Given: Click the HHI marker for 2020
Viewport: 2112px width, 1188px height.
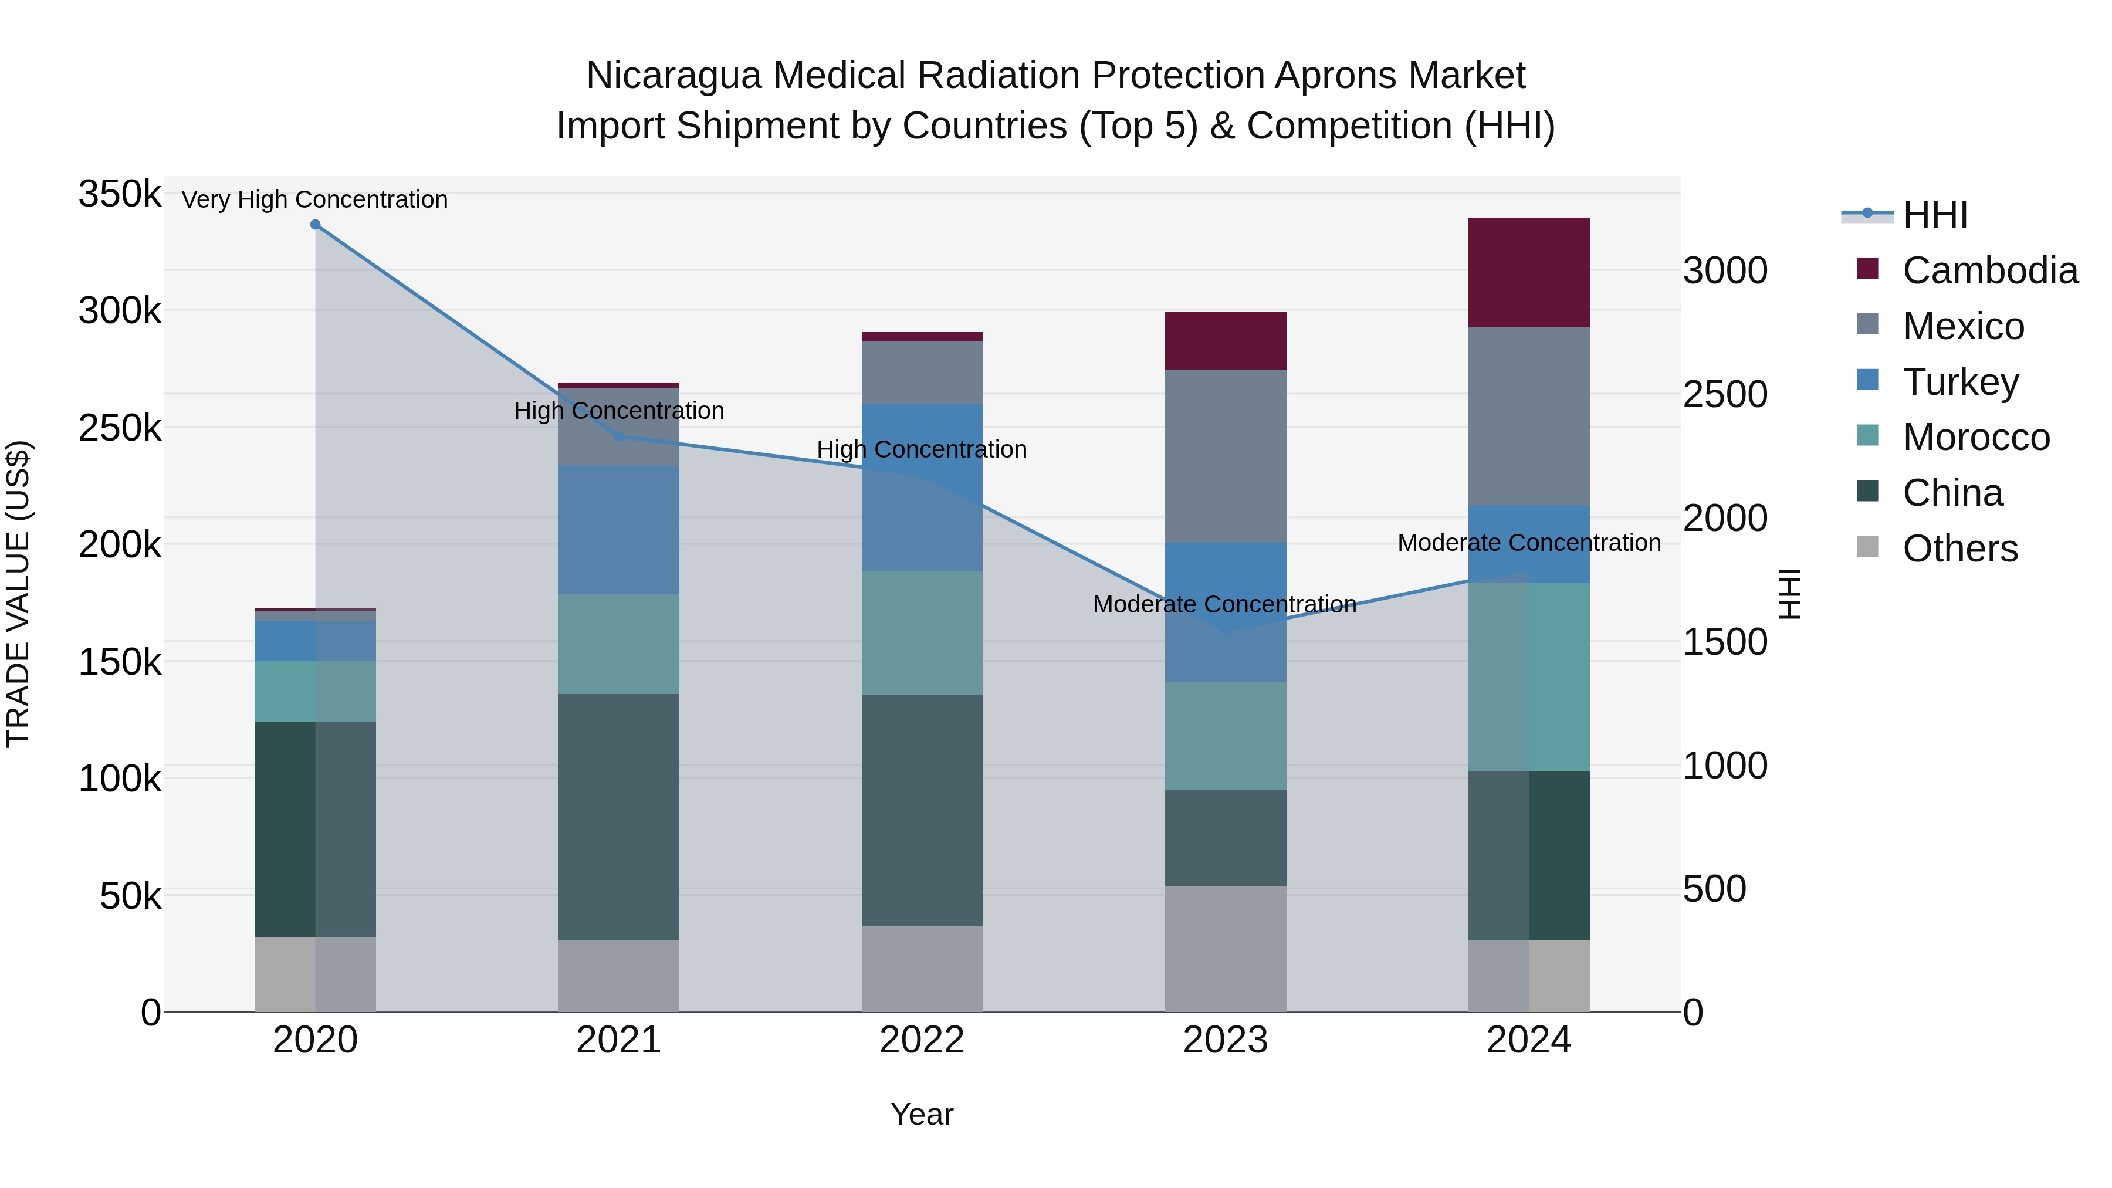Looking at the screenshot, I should click(315, 225).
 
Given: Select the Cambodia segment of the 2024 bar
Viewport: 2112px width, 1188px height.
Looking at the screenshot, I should click(1528, 273).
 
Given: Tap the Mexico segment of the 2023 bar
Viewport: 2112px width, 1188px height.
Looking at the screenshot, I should click(1225, 456).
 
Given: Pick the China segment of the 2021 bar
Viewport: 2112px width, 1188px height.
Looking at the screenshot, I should click(618, 817).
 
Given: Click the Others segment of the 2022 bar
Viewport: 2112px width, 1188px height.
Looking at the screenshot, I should click(922, 969).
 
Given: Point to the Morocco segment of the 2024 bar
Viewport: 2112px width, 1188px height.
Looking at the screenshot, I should click(1528, 677).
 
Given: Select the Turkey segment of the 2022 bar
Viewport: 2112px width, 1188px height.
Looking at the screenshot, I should click(922, 488).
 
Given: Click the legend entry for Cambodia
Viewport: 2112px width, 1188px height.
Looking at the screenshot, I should click(1990, 270).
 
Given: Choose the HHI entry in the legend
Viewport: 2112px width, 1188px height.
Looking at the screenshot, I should click(1935, 215).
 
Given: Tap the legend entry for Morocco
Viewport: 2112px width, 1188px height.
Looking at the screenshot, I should click(1976, 437).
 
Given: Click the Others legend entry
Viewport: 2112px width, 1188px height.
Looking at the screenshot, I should click(1959, 549).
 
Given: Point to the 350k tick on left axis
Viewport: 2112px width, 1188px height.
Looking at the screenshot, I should click(120, 195).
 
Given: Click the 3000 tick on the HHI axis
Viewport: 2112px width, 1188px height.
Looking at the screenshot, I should click(1725, 272).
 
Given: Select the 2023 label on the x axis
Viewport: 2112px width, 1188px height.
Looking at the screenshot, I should click(1225, 1040).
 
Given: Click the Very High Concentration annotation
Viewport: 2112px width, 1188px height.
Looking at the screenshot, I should click(315, 200).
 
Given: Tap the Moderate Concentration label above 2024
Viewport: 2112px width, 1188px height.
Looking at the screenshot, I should click(1528, 543).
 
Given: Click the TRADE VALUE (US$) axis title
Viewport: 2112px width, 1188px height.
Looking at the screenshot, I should click(18, 594).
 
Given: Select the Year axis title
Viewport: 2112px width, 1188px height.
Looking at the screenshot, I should click(922, 1114).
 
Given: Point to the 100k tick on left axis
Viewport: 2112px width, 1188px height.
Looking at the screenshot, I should click(120, 779).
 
